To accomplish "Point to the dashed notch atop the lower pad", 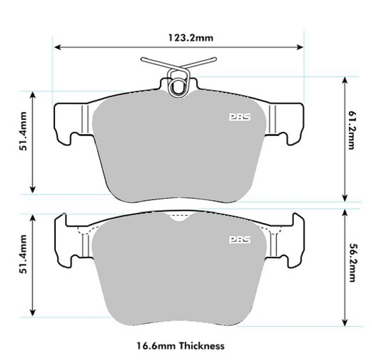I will click(179, 216).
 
